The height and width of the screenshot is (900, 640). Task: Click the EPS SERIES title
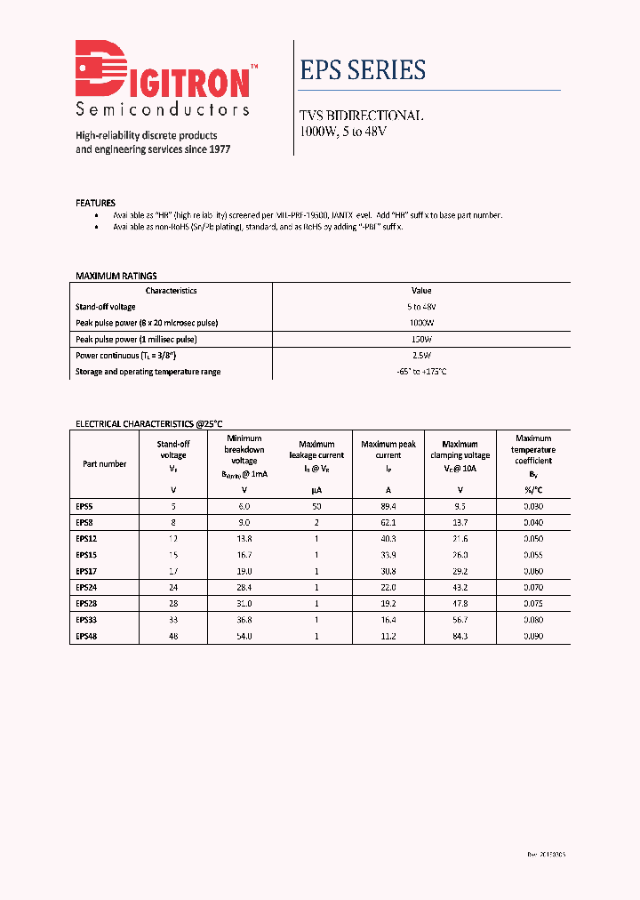tap(363, 70)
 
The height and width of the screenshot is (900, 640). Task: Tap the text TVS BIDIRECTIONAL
tap(361, 117)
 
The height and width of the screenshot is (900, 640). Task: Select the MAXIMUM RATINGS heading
tap(116, 276)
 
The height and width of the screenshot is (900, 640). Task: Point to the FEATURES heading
tap(95, 203)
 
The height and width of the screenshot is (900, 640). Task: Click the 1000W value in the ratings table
tap(421, 323)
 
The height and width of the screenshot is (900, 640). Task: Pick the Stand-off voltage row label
tap(106, 307)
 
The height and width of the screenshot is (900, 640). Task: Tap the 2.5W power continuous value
tap(421, 356)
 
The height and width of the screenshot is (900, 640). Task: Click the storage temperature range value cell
tap(421, 372)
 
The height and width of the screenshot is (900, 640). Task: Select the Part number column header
tap(104, 464)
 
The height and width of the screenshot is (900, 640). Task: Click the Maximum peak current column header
tap(388, 450)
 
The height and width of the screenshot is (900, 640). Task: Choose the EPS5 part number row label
tap(84, 506)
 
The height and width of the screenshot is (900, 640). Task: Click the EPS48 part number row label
tap(86, 636)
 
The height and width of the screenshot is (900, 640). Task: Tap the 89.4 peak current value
tap(388, 506)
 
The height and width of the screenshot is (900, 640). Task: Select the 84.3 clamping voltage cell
tap(460, 636)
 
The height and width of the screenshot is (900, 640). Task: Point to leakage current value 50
tap(316, 506)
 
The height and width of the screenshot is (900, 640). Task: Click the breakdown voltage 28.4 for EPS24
tap(244, 587)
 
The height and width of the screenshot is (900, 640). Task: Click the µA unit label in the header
tap(316, 490)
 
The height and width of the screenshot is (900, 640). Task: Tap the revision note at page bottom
tap(546, 854)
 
